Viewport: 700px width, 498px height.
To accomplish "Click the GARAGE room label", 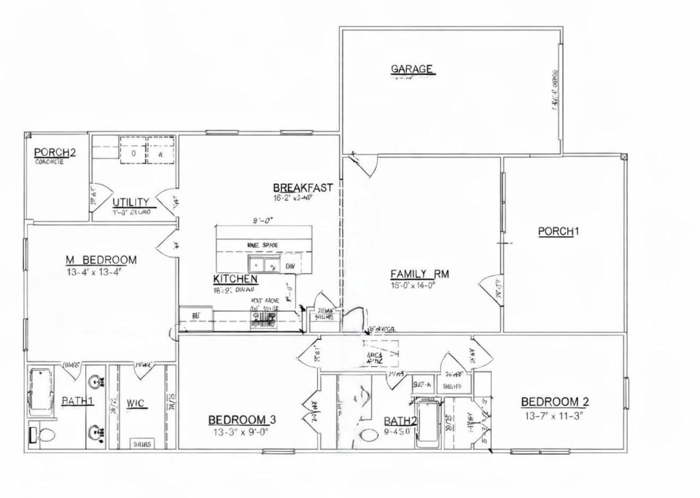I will point(412,70).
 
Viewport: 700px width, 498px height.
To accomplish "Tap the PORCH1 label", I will point(558,231).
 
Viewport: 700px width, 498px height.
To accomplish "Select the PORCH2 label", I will point(55,152).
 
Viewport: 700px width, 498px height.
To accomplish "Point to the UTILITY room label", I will point(131,202).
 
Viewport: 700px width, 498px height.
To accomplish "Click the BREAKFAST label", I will point(303,187).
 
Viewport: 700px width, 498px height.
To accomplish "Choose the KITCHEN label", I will point(235,280).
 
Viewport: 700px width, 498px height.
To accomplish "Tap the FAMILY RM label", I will point(419,274).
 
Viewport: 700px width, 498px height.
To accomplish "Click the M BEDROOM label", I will point(101,259).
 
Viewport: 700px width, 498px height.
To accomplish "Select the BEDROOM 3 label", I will point(242,420).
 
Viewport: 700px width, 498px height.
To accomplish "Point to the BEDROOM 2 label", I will point(555,402).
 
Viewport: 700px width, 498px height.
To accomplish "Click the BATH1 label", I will point(77,401).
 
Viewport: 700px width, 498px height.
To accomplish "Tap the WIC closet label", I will point(135,404).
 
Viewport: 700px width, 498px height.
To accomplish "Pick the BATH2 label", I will point(400,421).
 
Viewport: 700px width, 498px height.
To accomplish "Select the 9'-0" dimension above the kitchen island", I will point(263,222).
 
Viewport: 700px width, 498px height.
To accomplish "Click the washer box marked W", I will point(161,154).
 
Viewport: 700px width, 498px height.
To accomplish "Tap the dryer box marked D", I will point(133,154).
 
